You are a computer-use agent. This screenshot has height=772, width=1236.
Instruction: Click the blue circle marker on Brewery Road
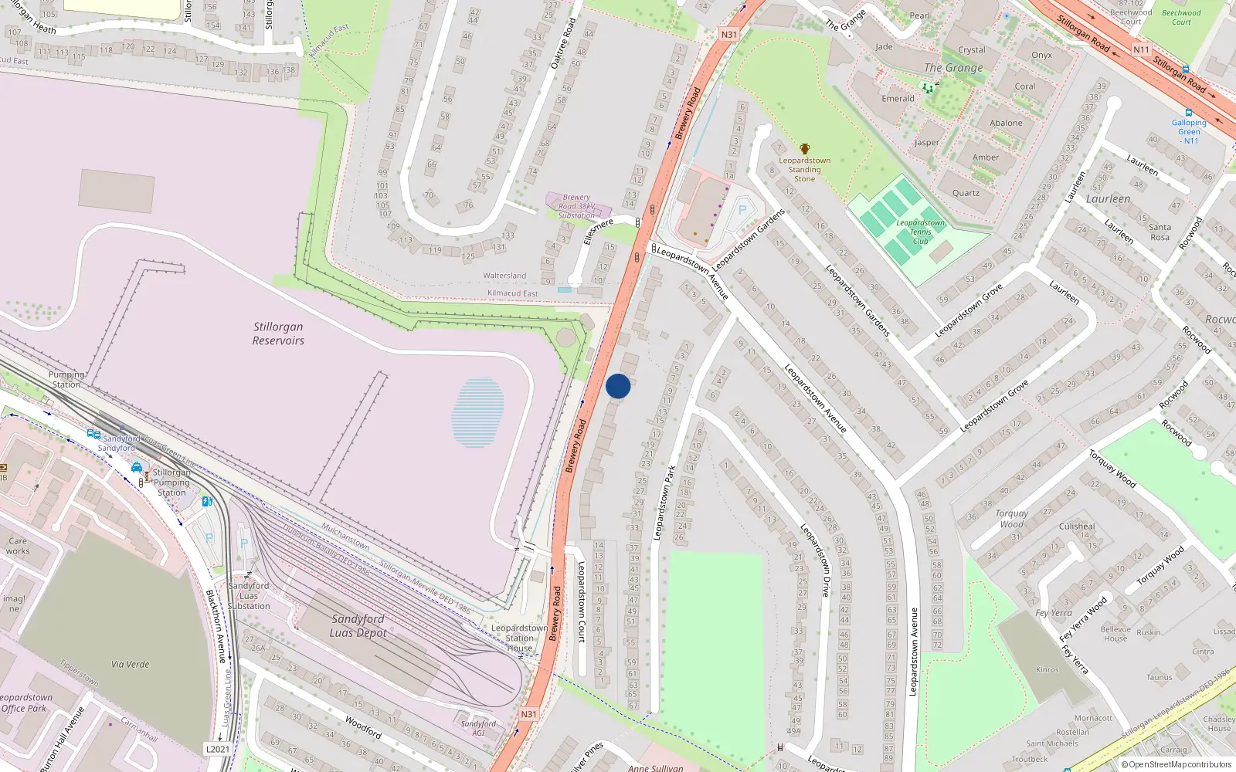point(618,386)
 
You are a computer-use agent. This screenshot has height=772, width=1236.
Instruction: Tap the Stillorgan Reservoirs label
point(278,334)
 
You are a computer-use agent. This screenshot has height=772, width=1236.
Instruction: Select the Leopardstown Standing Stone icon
point(805,149)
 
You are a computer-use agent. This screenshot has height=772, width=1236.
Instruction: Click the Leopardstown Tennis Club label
point(920,232)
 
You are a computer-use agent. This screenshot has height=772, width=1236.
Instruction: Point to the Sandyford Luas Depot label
point(358,625)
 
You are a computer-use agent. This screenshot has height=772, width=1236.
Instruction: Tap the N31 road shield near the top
point(728,35)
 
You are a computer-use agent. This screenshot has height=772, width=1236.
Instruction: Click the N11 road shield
point(1141,49)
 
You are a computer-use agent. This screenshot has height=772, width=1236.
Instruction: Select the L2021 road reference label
point(218,749)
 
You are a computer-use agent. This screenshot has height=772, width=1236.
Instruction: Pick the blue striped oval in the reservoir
point(477,411)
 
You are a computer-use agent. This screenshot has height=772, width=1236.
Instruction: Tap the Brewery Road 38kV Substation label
point(577,206)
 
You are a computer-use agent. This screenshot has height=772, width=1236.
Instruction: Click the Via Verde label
point(130,664)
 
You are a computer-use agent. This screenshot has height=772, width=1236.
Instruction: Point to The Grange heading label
point(953,68)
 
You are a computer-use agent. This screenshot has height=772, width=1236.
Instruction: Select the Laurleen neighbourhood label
point(1108,199)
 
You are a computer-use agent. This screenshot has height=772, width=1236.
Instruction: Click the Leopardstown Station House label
point(519,638)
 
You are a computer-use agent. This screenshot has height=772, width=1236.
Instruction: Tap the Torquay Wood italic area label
point(1011,519)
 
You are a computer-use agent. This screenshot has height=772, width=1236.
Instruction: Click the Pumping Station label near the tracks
point(67,379)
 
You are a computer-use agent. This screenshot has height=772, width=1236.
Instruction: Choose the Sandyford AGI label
point(478,728)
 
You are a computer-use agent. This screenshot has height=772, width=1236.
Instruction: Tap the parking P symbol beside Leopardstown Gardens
point(742,210)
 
